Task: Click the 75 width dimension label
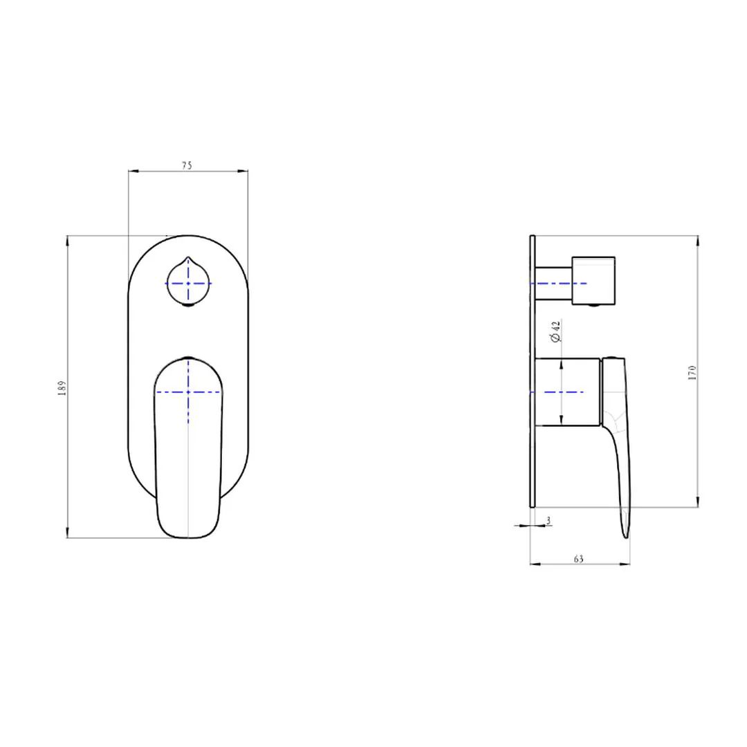click(187, 165)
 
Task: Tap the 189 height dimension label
click(62, 388)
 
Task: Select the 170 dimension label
click(692, 372)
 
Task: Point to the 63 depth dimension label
click(579, 559)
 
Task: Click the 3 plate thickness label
click(548, 521)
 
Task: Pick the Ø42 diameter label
click(555, 331)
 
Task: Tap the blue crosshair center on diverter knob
click(189, 284)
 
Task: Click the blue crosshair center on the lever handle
click(189, 392)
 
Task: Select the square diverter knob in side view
click(593, 281)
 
